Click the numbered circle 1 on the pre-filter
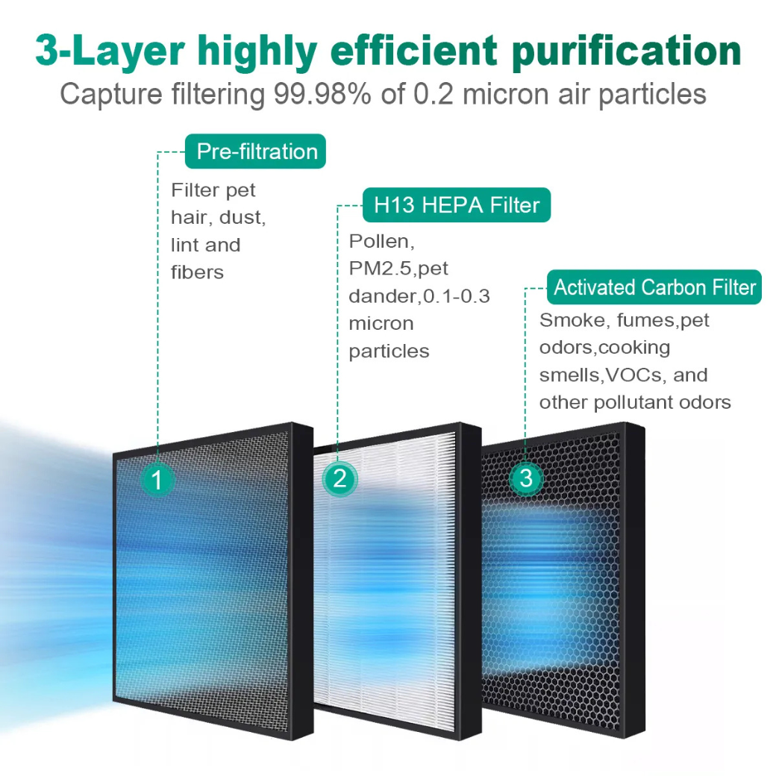(157, 479)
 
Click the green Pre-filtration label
(257, 151)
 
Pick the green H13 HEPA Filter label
(457, 204)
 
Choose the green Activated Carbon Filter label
(654, 287)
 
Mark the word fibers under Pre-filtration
(197, 272)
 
